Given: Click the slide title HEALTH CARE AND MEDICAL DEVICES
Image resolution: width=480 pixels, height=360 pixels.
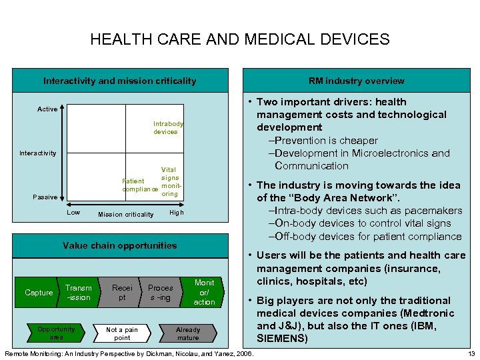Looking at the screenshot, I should (240, 39).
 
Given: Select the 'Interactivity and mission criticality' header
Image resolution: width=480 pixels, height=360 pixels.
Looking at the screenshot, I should (120, 81).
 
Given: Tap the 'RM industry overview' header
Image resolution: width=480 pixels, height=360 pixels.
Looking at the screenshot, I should (356, 81).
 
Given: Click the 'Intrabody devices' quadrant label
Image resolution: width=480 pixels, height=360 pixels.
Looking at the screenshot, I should (168, 127).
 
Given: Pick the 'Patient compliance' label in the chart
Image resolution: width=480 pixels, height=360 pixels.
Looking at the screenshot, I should (139, 185).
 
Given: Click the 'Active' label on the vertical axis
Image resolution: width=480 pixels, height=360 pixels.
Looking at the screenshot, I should (47, 109).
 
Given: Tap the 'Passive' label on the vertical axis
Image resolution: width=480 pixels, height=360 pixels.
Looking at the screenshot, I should (45, 197).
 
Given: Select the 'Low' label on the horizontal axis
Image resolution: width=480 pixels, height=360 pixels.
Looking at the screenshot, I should (74, 213).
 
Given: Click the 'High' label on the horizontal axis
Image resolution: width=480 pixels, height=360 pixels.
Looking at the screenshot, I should (176, 213).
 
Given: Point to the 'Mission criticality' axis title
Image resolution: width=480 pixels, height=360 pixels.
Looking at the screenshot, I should (125, 215).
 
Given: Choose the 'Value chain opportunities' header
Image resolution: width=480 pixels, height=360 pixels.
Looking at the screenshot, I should (120, 245).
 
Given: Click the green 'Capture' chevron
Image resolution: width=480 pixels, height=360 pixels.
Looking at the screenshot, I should (39, 293).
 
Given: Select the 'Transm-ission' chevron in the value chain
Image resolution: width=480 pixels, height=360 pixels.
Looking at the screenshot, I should (79, 293).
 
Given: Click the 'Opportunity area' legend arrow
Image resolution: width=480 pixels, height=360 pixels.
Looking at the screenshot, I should (57, 333).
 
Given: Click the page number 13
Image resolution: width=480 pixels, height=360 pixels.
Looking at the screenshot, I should (471, 353).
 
